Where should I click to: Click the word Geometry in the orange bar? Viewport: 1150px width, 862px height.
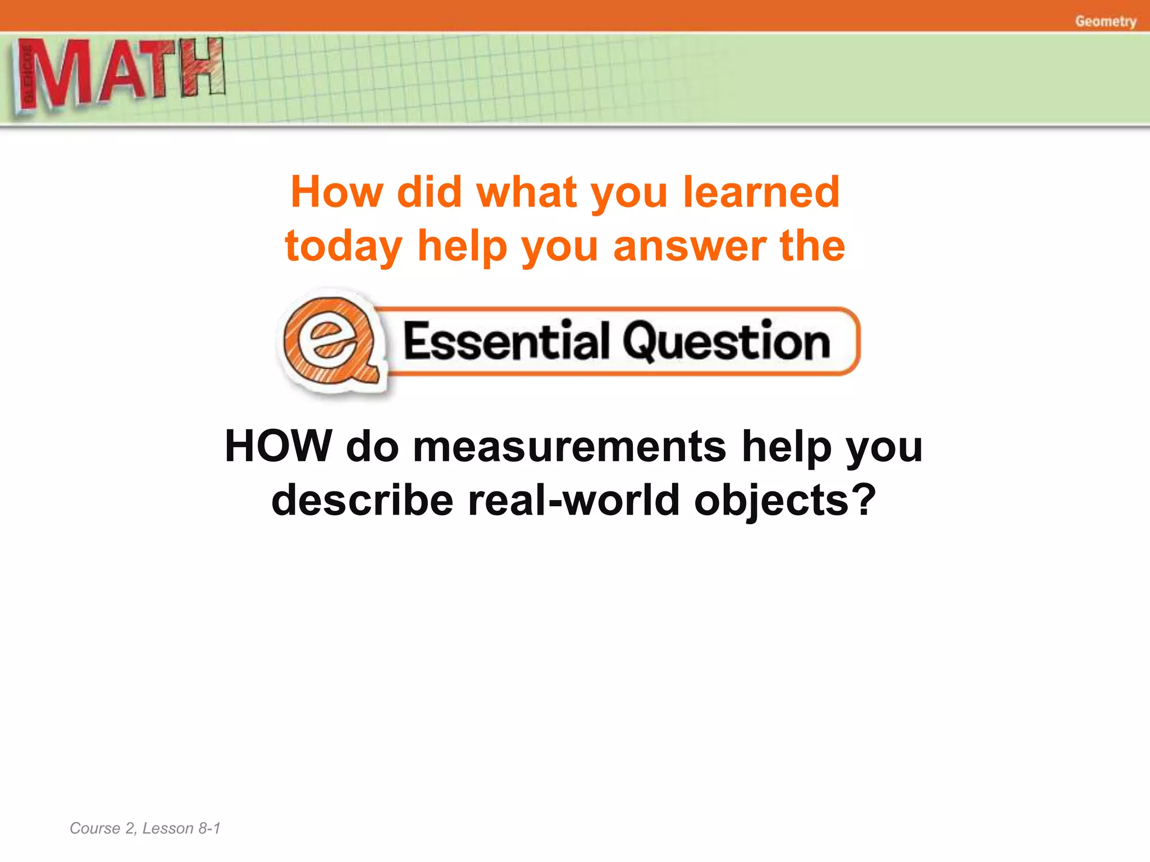pyautogui.click(x=1105, y=21)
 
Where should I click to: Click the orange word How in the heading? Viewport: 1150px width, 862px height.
pyautogui.click(x=336, y=192)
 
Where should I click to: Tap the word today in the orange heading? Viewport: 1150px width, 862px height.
pyautogui.click(x=343, y=247)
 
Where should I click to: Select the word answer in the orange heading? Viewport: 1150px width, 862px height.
pyautogui.click(x=690, y=247)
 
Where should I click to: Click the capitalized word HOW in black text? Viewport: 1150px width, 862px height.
pyautogui.click(x=279, y=446)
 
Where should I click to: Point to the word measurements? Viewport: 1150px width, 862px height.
pyautogui.click(x=569, y=447)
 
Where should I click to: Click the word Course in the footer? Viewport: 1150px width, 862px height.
pyautogui.click(x=94, y=828)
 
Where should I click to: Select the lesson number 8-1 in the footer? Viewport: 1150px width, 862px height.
pyautogui.click(x=209, y=828)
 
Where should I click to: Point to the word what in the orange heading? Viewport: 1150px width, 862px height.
pyautogui.click(x=526, y=192)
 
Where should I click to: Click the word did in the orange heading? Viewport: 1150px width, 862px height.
pyautogui.click(x=430, y=192)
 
